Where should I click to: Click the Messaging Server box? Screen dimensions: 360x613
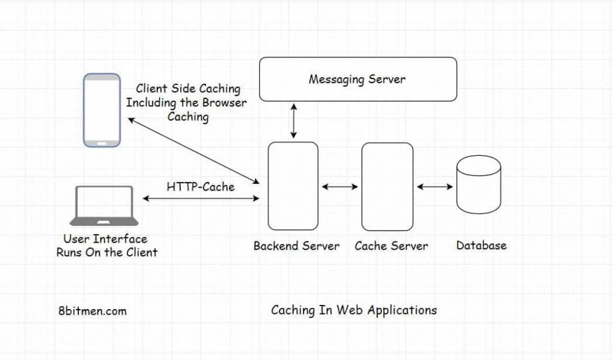tap(357, 78)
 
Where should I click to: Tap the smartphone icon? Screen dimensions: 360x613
tap(102, 110)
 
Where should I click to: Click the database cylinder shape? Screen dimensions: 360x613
tap(478, 187)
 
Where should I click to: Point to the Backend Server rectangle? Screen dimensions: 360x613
tap(293, 186)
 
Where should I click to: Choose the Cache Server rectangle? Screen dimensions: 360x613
tap(387, 186)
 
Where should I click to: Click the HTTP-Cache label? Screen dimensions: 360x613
tap(201, 186)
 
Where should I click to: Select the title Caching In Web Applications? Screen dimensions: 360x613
tap(354, 310)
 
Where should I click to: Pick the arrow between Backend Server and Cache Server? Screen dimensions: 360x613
tap(339, 187)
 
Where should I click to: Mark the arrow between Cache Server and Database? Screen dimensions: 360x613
tap(435, 187)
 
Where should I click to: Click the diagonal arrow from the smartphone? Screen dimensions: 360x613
tap(192, 149)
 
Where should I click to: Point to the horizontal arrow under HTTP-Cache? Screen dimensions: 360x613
tap(201, 198)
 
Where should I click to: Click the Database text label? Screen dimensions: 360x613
tap(481, 245)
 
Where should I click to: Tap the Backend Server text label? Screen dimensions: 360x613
tap(296, 246)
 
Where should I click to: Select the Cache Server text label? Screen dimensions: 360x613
tap(391, 246)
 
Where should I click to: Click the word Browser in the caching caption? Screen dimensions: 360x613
tap(224, 102)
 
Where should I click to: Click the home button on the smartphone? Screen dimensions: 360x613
tap(102, 142)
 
